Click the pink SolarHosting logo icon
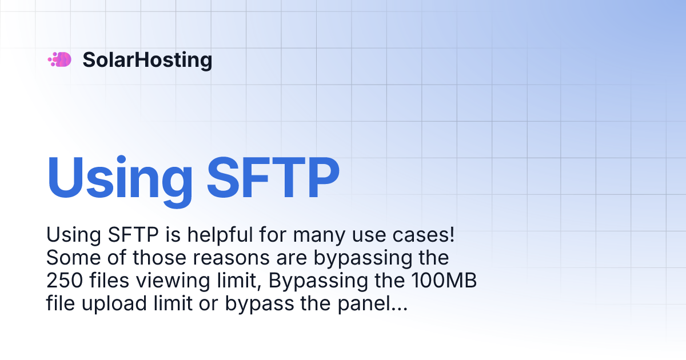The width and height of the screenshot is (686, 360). (59, 59)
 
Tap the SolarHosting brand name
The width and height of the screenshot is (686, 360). (147, 60)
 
